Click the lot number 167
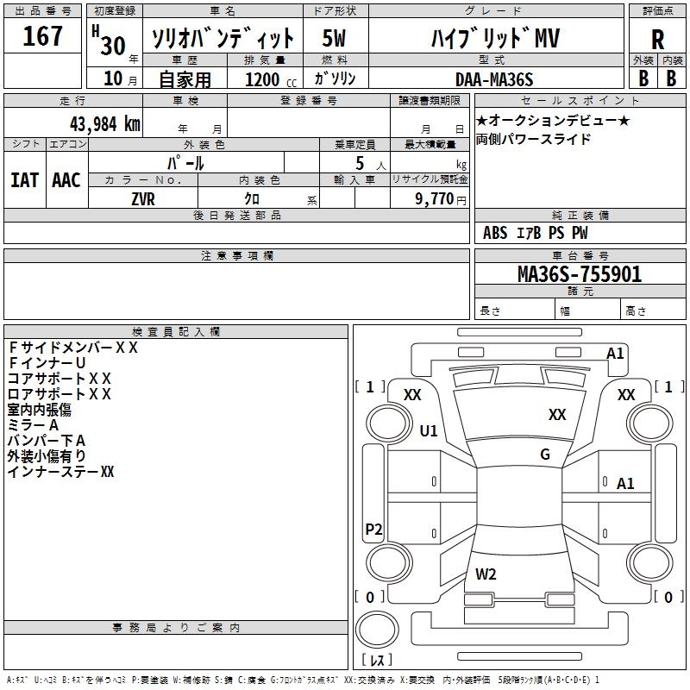[x=43, y=36]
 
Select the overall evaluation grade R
[x=658, y=39]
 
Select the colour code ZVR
[x=143, y=198]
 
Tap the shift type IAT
[x=24, y=179]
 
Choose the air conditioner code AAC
[x=66, y=179]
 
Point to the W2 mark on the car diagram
[x=486, y=574]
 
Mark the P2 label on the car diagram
[x=373, y=530]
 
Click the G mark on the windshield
[x=545, y=455]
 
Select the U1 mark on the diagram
[x=429, y=430]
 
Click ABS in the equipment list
[x=495, y=233]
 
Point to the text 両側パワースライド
[x=533, y=139]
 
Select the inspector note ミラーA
[x=33, y=425]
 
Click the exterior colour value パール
[x=185, y=162]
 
